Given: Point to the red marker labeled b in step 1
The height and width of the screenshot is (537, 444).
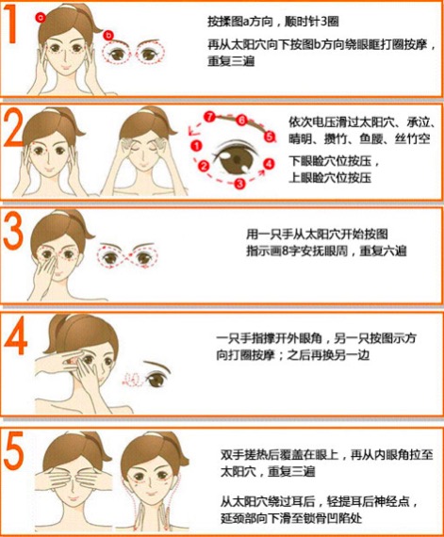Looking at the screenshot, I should coord(109,35).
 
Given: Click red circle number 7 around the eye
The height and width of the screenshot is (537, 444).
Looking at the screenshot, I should coord(210,116).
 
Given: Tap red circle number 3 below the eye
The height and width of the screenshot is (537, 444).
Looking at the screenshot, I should coord(238,184).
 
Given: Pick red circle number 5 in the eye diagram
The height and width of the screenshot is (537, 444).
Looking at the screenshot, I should coord(270,136).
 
